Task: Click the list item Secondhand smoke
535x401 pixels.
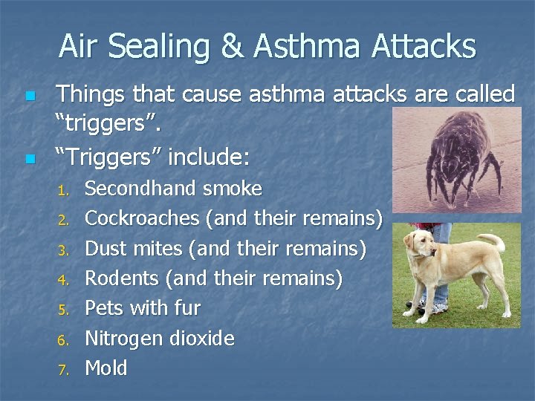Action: point(173,189)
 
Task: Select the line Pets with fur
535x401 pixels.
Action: point(143,308)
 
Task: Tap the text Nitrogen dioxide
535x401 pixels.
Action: point(160,339)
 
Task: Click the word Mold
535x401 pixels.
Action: point(106,368)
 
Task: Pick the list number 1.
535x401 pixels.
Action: point(63,190)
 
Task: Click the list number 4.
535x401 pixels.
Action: point(63,280)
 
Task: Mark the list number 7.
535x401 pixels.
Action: point(63,369)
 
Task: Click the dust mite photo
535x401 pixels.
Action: point(456,160)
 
